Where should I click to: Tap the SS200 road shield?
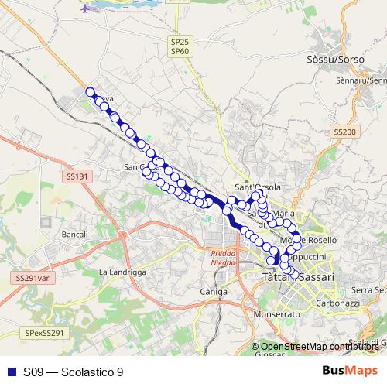pos(344,132)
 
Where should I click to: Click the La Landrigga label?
pos(122,272)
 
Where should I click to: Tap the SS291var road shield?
pos(31,276)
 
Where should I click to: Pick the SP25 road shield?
pos(180,42)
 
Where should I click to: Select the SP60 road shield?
pos(180,51)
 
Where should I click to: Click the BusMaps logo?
pos(348,372)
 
